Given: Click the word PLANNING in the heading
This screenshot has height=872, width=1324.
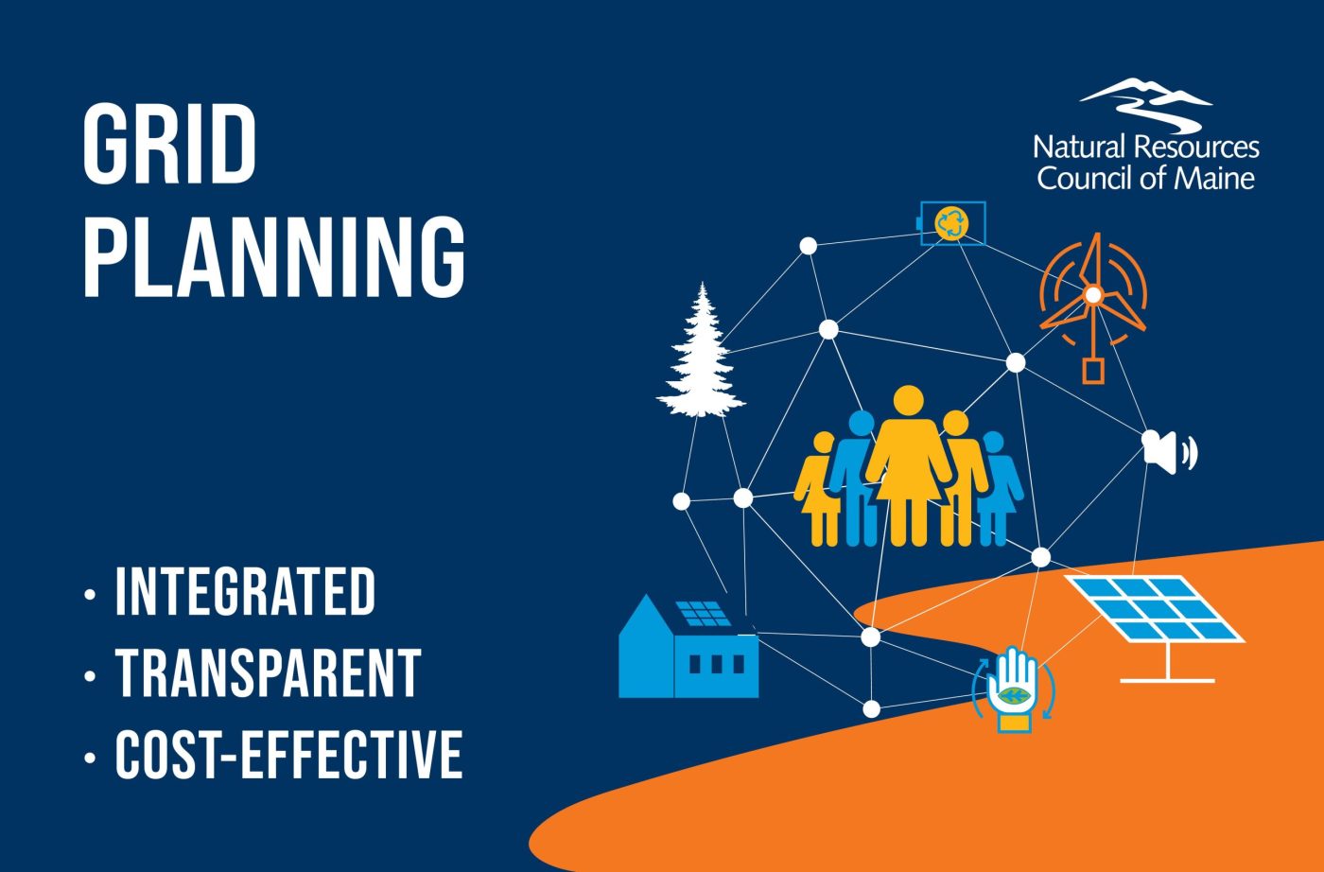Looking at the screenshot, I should pos(274,257).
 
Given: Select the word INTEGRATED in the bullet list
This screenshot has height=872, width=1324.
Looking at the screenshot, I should pos(245,592).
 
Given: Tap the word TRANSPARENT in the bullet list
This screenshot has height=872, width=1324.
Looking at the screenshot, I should pos(268,673).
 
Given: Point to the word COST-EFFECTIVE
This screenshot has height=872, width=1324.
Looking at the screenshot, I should pos(288,754).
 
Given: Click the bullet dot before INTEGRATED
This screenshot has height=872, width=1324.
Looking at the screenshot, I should pos(90,595).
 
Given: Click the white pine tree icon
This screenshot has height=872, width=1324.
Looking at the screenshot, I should pos(701,355).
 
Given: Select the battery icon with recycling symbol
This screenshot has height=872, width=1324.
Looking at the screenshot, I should pos(952,223).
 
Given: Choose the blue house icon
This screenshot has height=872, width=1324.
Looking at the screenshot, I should pos(688,653).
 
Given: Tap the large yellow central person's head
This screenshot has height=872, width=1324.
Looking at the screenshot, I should pos(908,401).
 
